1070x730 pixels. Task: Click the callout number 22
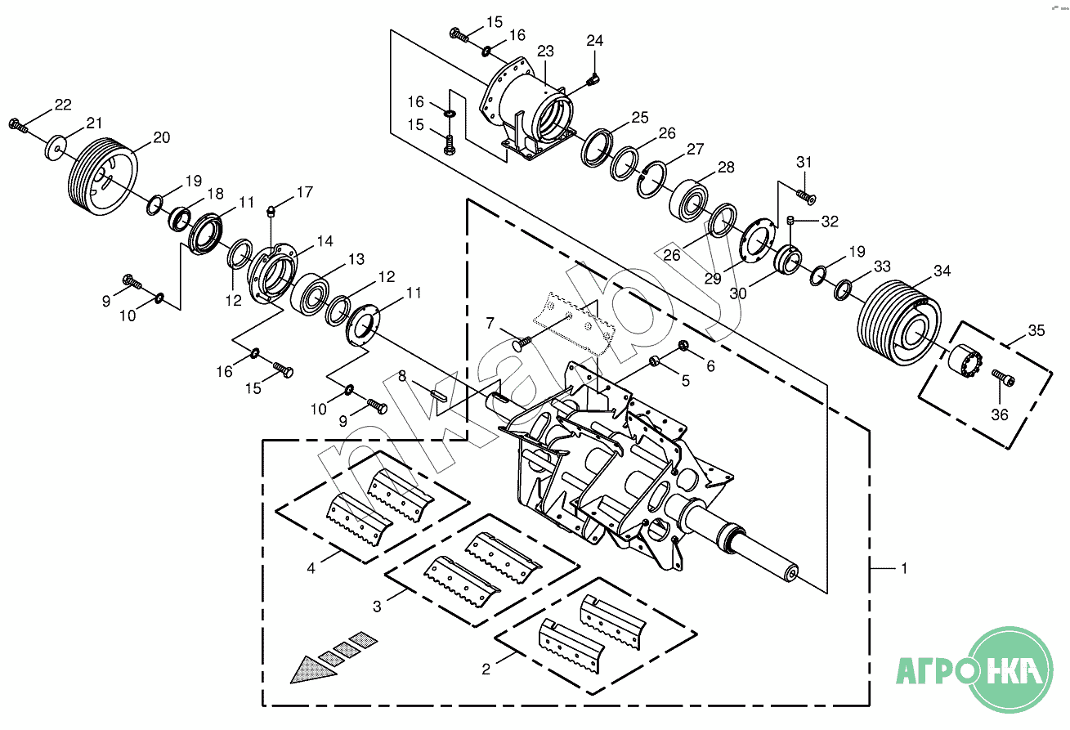[63, 104]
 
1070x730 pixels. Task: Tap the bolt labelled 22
[18, 125]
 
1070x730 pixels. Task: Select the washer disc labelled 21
[56, 148]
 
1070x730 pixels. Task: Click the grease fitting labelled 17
[271, 212]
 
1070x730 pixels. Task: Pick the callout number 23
[545, 52]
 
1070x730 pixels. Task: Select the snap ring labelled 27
[651, 179]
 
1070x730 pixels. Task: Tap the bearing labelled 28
[688, 200]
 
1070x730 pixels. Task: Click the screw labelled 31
[806, 196]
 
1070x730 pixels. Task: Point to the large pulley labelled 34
[899, 323]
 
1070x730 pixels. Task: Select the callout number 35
[1036, 330]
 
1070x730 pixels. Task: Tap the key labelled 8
[438, 395]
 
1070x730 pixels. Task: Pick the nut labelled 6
[683, 345]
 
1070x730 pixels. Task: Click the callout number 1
[903, 568]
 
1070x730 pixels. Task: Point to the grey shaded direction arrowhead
[312, 670]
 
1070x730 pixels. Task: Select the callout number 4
[311, 568]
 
